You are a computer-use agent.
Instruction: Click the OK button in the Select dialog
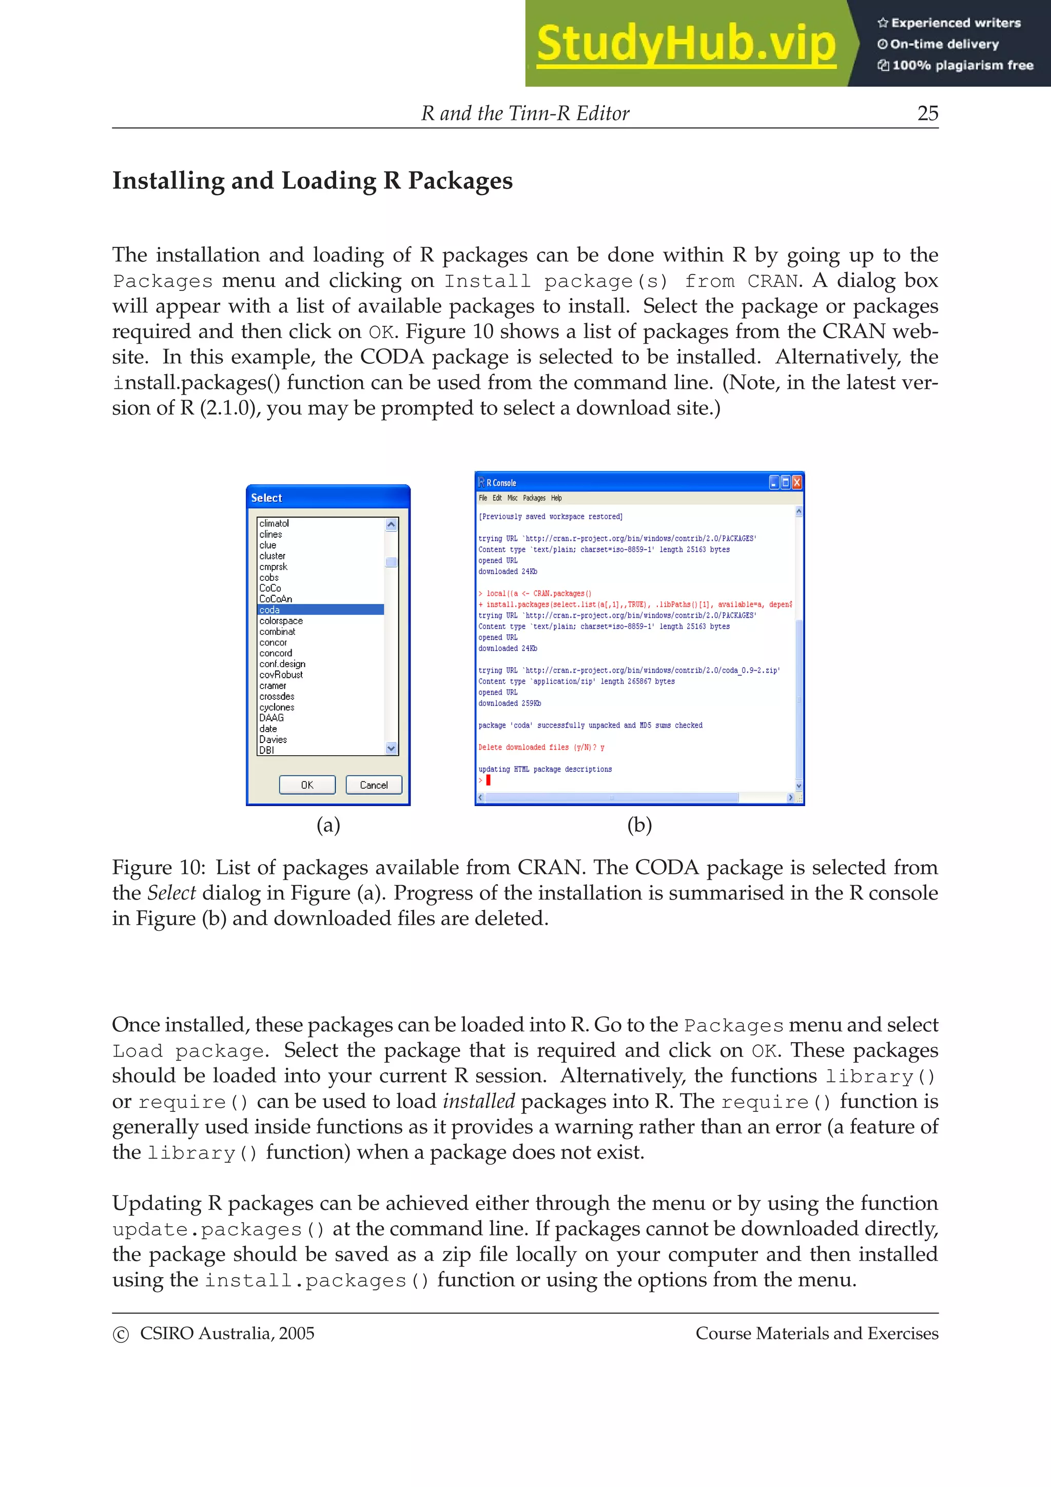tap(307, 785)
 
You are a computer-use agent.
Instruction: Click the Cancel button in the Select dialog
tap(374, 785)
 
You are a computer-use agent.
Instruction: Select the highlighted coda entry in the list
tap(270, 610)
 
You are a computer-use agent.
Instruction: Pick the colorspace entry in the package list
tap(281, 621)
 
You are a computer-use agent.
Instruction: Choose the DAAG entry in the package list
tap(271, 718)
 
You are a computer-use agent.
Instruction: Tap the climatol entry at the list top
tap(274, 523)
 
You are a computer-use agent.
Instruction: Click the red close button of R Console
tap(797, 482)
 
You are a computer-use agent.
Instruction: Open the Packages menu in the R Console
tap(534, 498)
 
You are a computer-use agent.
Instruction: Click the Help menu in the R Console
tap(556, 498)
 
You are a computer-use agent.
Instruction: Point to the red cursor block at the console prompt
tap(488, 780)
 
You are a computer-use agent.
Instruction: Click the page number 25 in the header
tap(927, 113)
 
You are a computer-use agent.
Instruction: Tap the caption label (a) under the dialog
tap(328, 825)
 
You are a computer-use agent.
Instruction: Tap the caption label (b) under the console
tap(639, 825)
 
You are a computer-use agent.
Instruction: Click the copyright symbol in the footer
tap(121, 1334)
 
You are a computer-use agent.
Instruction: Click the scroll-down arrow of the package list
tap(391, 748)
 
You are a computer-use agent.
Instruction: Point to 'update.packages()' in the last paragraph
tap(218, 1229)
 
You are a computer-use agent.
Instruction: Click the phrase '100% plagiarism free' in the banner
tap(962, 65)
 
